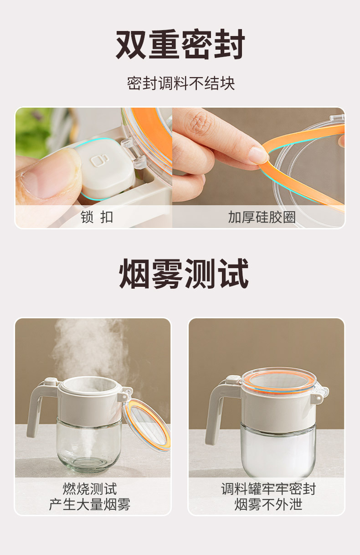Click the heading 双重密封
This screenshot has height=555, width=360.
click(180, 45)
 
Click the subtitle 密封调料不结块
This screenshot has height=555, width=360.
click(180, 83)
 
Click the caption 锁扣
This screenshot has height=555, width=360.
click(97, 217)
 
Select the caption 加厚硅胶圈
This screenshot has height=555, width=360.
click(262, 217)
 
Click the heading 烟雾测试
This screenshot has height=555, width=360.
click(184, 274)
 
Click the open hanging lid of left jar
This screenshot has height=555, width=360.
click(147, 424)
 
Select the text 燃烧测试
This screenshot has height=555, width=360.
click(90, 489)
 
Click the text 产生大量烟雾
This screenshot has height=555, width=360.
click(90, 504)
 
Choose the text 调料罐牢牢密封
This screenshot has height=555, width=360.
click(268, 489)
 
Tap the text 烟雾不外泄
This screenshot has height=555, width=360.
click(268, 504)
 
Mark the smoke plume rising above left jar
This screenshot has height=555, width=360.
click(87, 347)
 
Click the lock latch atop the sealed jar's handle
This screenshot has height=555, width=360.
click(233, 379)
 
